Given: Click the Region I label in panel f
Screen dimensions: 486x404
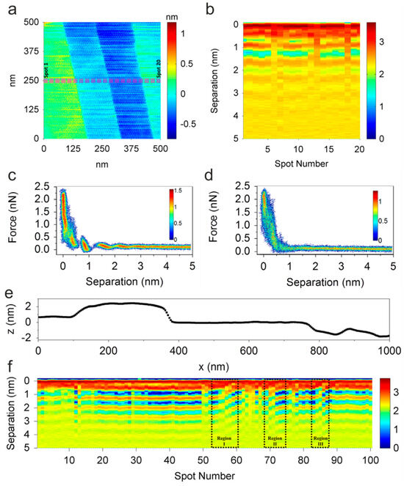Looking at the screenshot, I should (x=224, y=441).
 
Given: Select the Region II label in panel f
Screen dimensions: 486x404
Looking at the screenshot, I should (x=275, y=441).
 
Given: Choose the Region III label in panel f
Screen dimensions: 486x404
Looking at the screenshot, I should (x=320, y=441).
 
